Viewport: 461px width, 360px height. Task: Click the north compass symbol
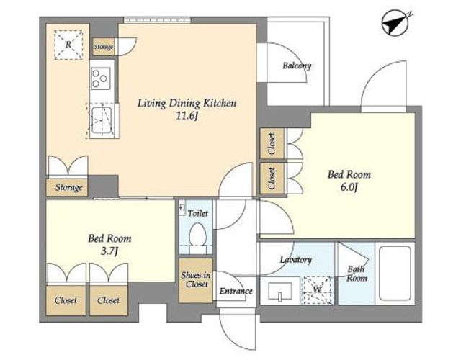pos(395,22)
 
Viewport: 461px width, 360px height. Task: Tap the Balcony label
pos(297,66)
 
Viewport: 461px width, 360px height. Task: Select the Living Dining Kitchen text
pos(187,104)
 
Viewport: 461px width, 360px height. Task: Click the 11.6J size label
pos(187,117)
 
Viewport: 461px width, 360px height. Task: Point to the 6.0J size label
pos(349,187)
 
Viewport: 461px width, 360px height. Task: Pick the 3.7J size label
pos(109,251)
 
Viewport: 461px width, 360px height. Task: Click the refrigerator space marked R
pos(68,45)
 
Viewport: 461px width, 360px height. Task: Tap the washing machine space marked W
pos(318,290)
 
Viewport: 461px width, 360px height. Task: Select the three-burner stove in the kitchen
pos(101,78)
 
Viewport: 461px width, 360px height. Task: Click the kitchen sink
pos(102,120)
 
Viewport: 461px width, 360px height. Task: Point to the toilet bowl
pos(197,234)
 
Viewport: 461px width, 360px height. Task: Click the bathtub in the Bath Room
pos(395,274)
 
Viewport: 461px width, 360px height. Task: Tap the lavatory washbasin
pos(280,291)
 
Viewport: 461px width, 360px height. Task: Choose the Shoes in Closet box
pos(196,280)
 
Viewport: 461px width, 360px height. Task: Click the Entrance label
pos(236,291)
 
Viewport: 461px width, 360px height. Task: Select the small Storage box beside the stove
pos(104,47)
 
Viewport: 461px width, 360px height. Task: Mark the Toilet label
pos(197,213)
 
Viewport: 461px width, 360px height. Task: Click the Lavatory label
pos(296,260)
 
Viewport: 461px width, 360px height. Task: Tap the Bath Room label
pos(357,274)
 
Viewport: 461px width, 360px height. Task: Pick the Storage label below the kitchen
pos(69,187)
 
